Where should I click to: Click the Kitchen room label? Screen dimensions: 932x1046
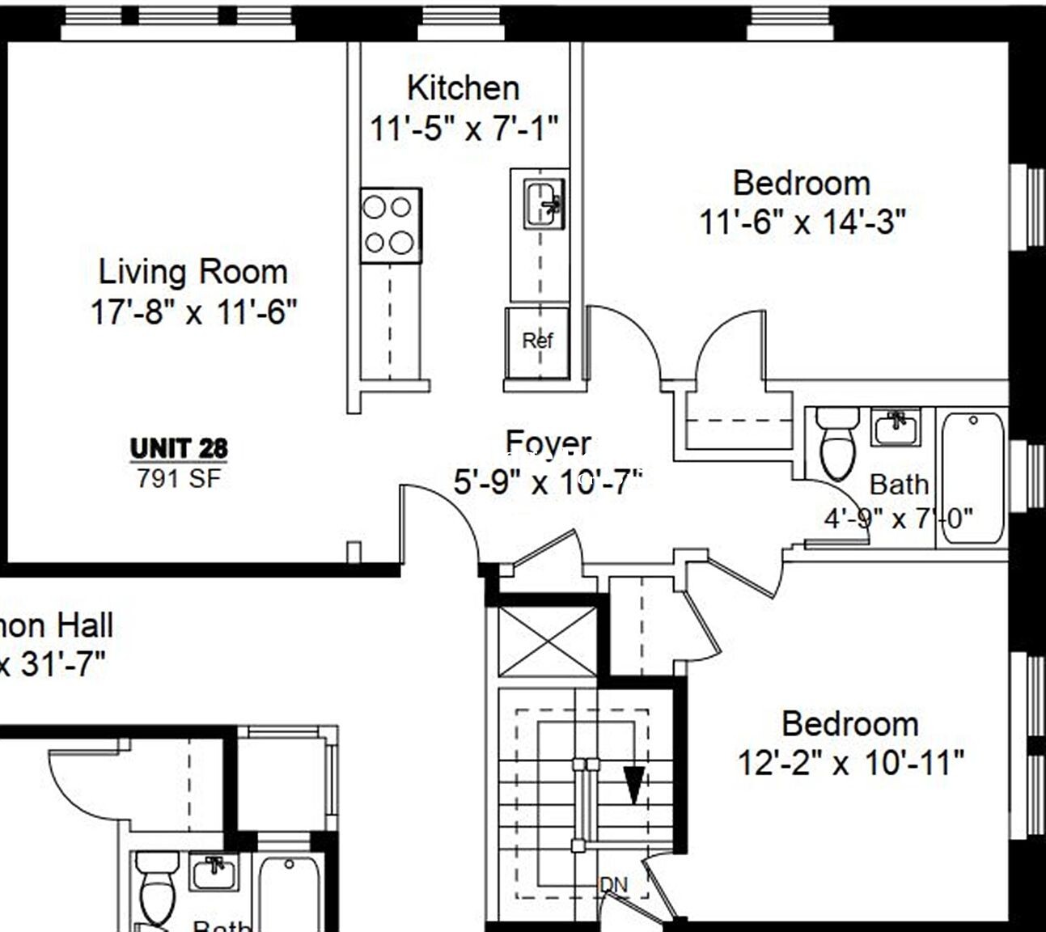[x=463, y=88]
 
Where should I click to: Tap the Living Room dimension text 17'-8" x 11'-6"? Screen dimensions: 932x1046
[x=193, y=311]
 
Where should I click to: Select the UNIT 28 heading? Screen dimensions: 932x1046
[x=179, y=448]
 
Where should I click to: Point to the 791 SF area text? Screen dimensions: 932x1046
[x=178, y=479]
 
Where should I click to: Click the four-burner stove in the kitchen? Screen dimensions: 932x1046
[x=390, y=226]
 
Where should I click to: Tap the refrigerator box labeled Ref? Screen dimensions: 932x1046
[x=536, y=341]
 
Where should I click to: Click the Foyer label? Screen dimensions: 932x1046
[x=548, y=443]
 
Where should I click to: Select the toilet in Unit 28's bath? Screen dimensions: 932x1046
[x=837, y=445]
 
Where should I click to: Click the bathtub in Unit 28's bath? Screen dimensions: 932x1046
[x=973, y=477]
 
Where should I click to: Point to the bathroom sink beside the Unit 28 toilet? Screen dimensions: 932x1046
[x=896, y=427]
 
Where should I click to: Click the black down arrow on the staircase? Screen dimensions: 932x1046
[x=633, y=784]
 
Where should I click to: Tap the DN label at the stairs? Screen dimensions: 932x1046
[x=614, y=885]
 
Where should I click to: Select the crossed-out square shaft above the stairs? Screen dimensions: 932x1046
[x=547, y=642]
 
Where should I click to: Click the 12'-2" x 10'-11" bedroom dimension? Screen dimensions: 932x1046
[x=850, y=762]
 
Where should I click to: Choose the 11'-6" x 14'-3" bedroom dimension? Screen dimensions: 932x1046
[x=802, y=221]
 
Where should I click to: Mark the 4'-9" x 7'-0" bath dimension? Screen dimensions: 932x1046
[x=898, y=518]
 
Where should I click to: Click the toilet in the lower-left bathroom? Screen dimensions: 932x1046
[x=158, y=886]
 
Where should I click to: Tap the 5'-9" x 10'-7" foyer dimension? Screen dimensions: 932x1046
[x=548, y=482]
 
